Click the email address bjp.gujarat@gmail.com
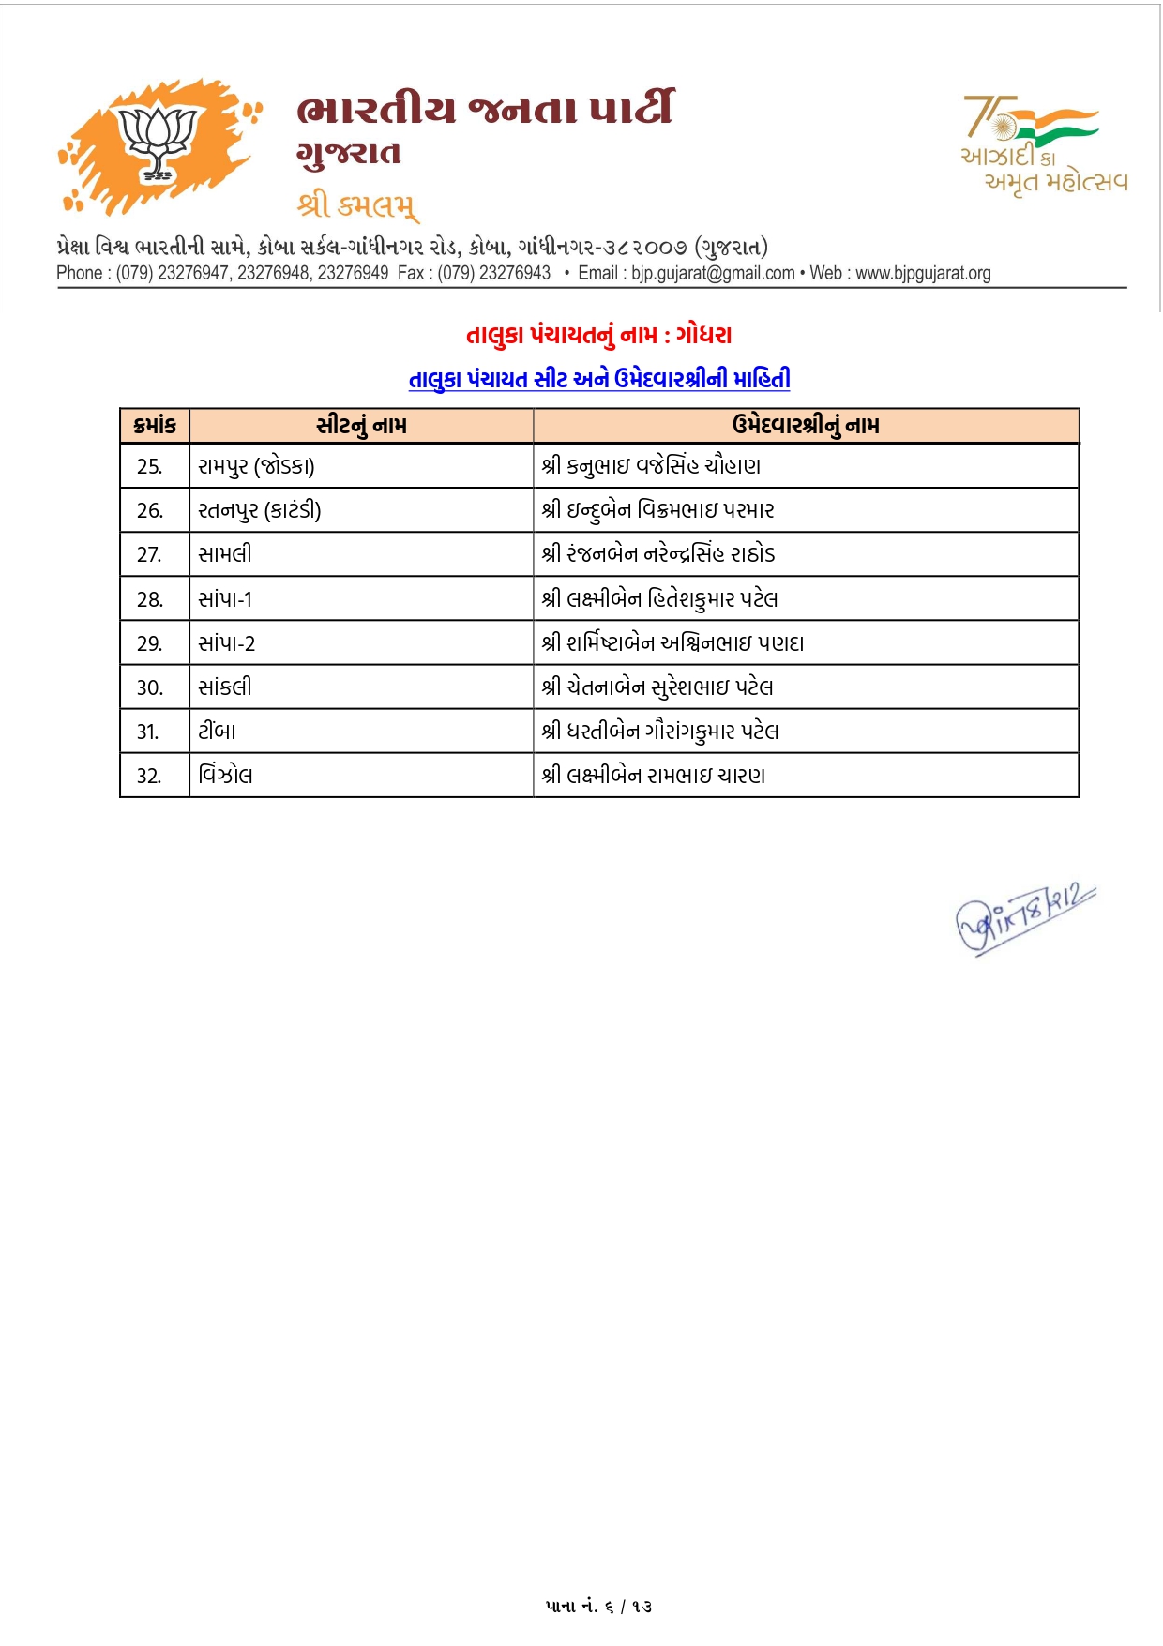pos(712,273)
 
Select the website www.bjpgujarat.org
pos(923,273)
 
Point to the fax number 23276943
pos(514,273)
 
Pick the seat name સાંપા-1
pos(225,599)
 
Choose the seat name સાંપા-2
pos(226,643)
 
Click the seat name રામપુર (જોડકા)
pos(256,466)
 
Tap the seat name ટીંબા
pos(217,732)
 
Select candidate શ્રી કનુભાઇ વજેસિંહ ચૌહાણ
pos(651,466)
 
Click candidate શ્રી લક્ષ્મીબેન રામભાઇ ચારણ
pos(653,776)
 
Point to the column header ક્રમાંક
pos(155,426)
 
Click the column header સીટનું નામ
pos(361,426)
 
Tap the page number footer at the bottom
pos(598,1607)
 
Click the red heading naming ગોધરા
pos(598,335)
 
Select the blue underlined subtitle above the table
pos(598,379)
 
